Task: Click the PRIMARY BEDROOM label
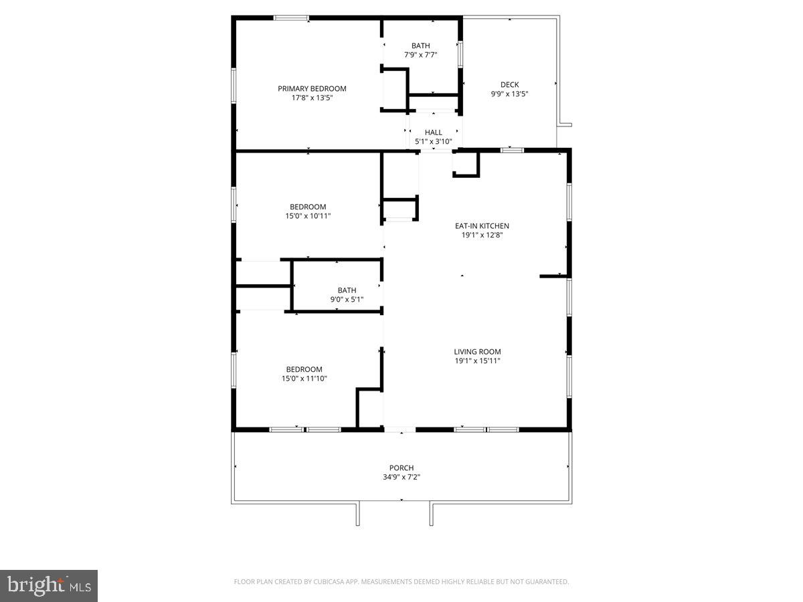tap(312, 88)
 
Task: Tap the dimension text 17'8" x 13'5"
tap(312, 98)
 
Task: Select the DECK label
tap(509, 84)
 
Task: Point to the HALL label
tap(433, 132)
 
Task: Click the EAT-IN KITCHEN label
tap(482, 226)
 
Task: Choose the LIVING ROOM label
tap(477, 352)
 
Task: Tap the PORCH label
tap(401, 468)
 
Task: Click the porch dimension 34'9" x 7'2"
tap(401, 477)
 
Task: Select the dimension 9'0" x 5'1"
tap(347, 299)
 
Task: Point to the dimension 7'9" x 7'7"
tap(421, 55)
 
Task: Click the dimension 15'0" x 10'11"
tap(308, 215)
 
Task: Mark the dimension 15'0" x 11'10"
tap(304, 379)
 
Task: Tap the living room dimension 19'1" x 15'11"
tap(477, 361)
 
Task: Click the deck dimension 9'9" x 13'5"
tap(509, 94)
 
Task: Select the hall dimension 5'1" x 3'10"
tap(433, 142)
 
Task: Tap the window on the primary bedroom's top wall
tap(291, 17)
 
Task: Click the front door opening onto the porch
tap(399, 429)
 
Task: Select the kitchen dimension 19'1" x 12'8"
tap(482, 235)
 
